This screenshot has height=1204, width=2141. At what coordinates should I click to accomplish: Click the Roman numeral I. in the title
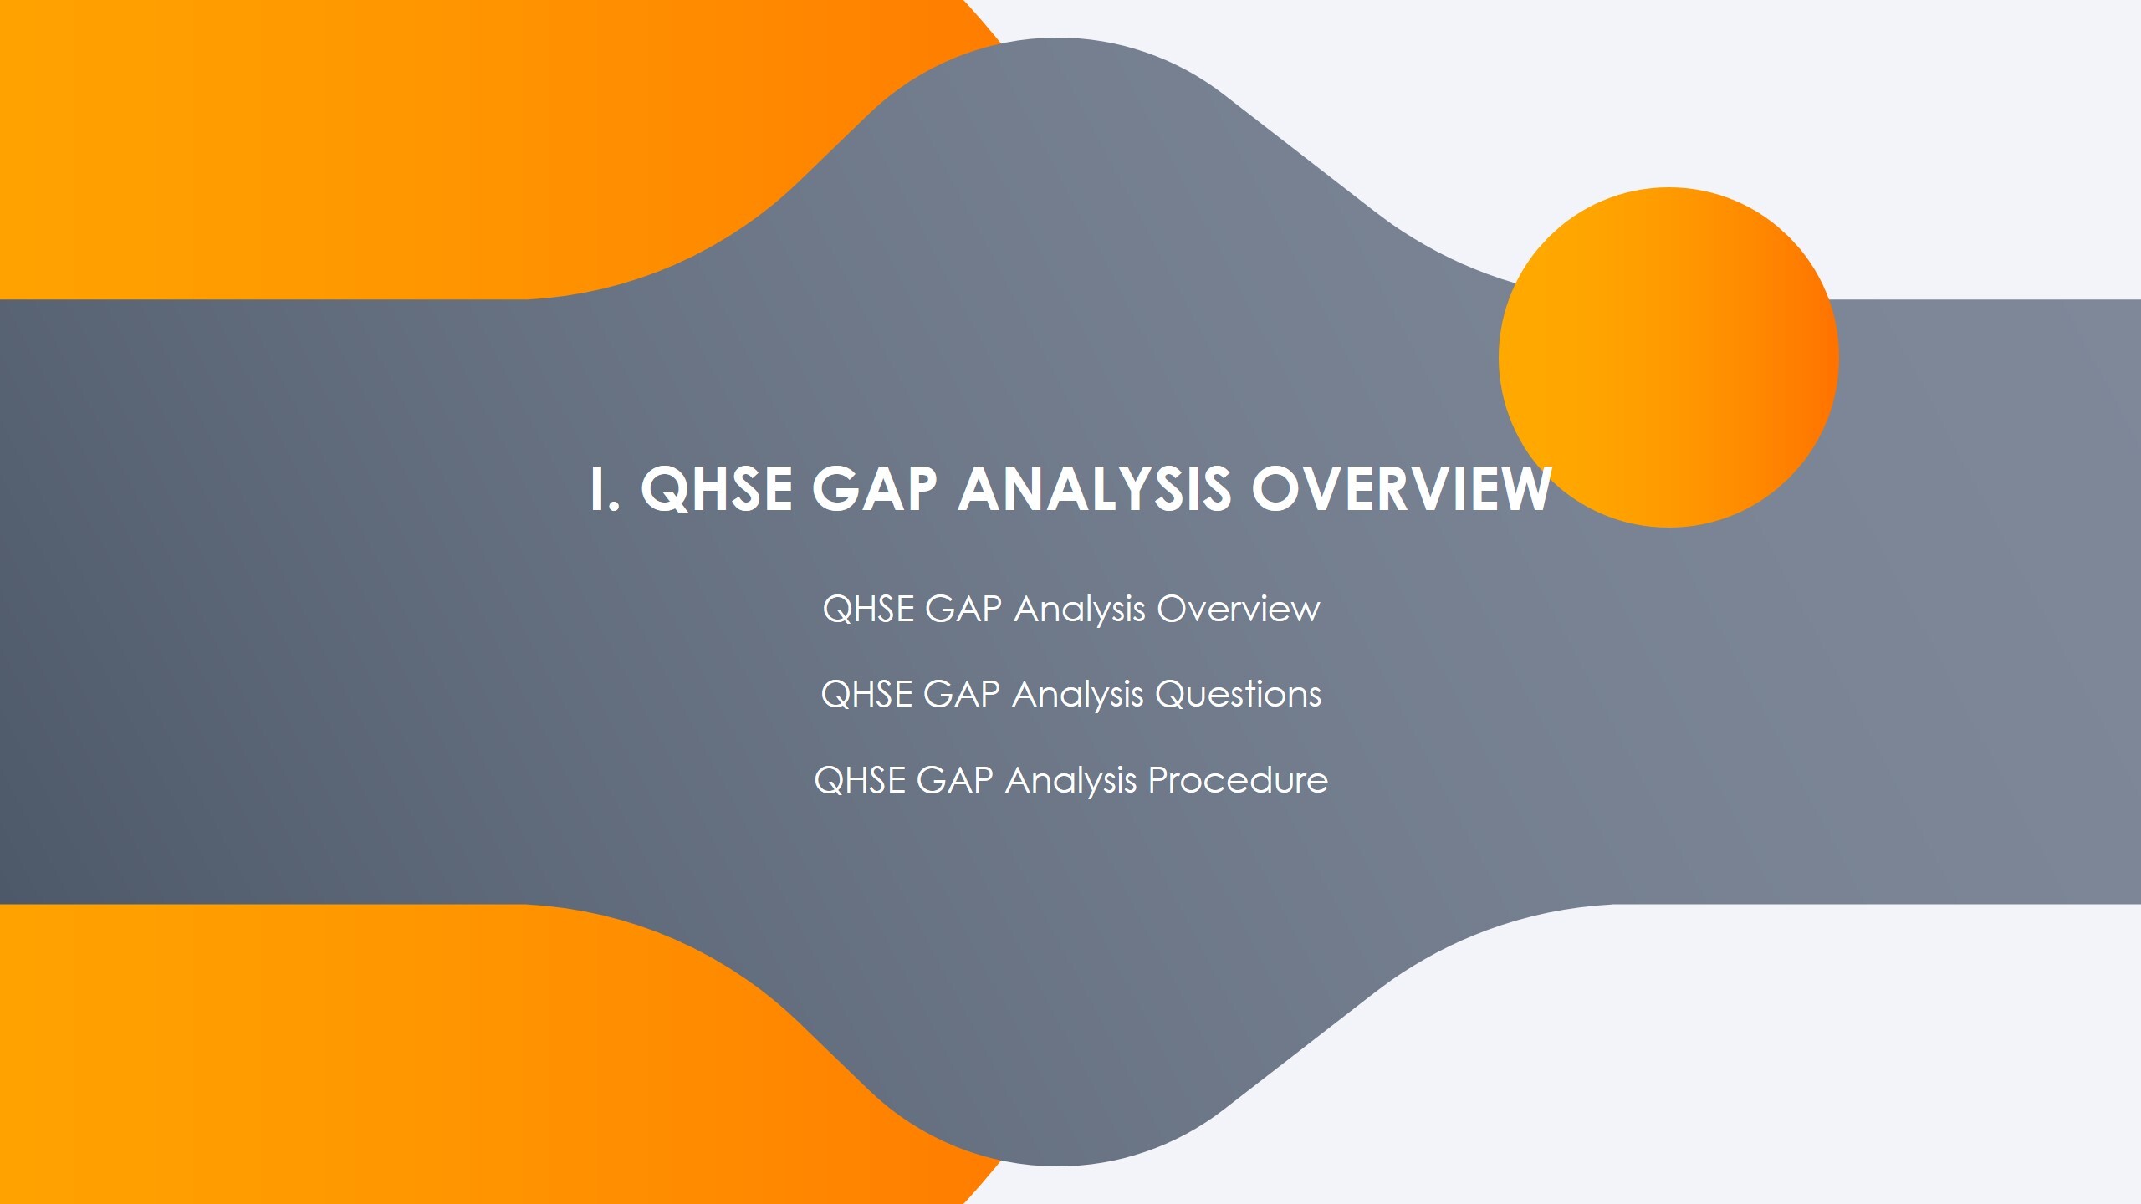pyautogui.click(x=603, y=489)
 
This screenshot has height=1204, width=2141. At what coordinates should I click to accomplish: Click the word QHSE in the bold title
pyautogui.click(x=716, y=489)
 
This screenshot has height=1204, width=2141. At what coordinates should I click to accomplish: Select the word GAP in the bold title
pyautogui.click(x=874, y=489)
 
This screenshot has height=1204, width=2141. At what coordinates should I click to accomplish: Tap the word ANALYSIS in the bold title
pyautogui.click(x=1094, y=489)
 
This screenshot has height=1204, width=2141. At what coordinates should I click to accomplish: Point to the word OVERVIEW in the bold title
pyautogui.click(x=1401, y=489)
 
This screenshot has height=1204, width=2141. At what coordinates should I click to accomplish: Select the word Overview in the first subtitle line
pyautogui.click(x=1238, y=609)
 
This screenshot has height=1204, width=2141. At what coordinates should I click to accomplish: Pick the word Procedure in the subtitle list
pyautogui.click(x=1238, y=781)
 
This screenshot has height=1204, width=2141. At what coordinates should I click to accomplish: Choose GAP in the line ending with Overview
pyautogui.click(x=963, y=609)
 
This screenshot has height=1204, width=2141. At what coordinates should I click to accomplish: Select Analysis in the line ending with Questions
pyautogui.click(x=1077, y=695)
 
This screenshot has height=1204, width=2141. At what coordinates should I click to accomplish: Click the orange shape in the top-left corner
pyautogui.click(x=335, y=142)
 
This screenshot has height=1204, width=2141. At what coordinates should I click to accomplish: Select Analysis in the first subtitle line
pyautogui.click(x=1079, y=609)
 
